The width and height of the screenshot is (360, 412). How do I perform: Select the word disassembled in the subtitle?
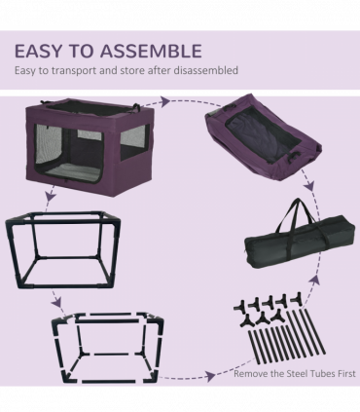click(203, 71)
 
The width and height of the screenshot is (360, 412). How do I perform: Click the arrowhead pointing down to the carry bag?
click(310, 191)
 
